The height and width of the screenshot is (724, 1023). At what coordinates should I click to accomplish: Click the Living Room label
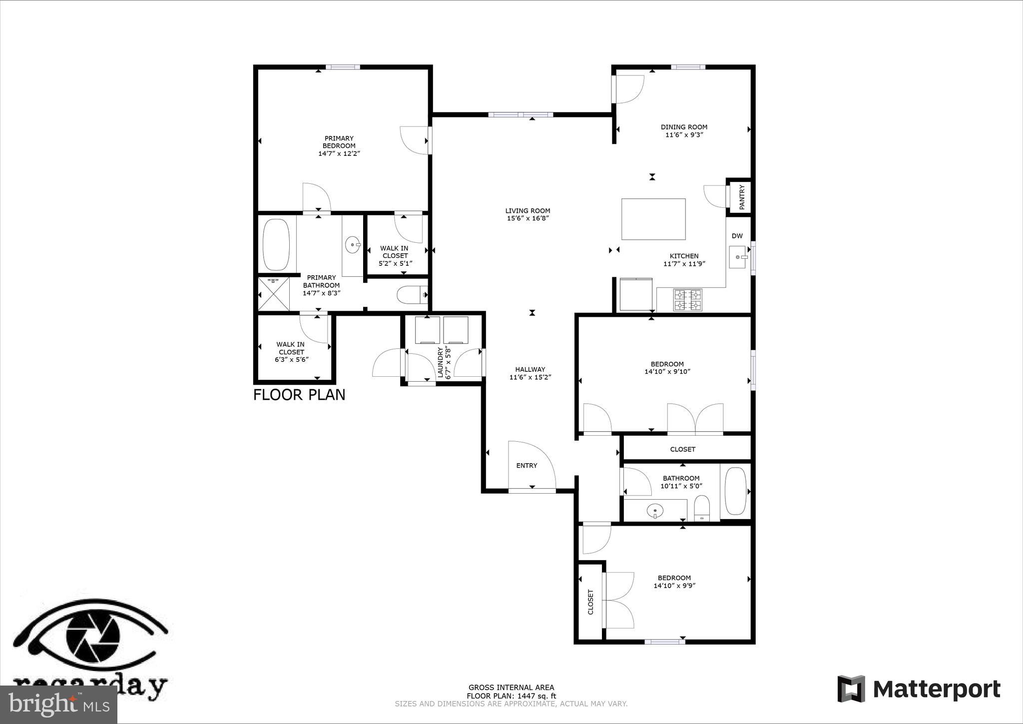[527, 211]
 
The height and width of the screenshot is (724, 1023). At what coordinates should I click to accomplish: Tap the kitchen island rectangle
[653, 219]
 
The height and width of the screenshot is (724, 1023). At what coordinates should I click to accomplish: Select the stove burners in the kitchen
[688, 300]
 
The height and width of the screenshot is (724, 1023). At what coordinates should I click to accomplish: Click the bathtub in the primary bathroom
[276, 244]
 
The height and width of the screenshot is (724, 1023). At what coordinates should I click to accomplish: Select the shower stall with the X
[274, 294]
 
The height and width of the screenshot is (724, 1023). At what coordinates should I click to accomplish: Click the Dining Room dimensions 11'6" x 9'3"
[684, 134]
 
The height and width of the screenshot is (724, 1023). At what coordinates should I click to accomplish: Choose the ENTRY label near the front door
[526, 466]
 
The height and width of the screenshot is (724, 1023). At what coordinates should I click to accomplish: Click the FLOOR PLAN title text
[299, 395]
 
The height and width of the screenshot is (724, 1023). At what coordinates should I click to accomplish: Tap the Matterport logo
[919, 689]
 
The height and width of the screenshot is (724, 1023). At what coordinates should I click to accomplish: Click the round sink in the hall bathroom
[655, 511]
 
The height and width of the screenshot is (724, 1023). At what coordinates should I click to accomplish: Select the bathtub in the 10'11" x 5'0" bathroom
[735, 491]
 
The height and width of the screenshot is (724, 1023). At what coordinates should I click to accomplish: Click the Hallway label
[530, 369]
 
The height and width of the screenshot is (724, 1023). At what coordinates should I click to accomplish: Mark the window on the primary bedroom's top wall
[343, 67]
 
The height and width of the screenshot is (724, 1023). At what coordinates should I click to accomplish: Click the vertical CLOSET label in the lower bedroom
[590, 602]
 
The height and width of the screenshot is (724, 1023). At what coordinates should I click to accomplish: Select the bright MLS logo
[58, 704]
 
